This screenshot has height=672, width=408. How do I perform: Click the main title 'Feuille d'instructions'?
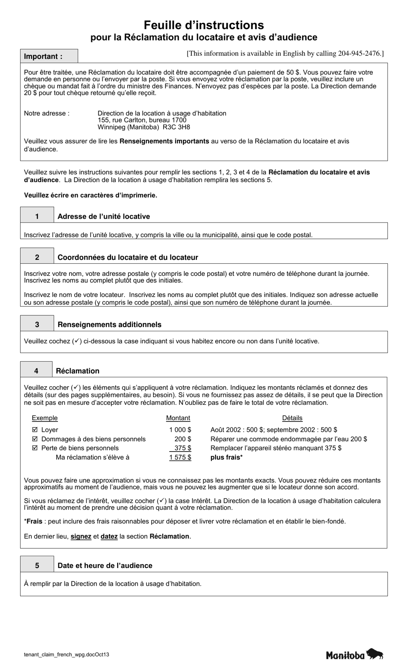(x=204, y=25)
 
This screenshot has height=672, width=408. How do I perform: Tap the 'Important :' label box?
(x=49, y=56)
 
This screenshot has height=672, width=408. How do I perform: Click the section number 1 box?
(x=37, y=216)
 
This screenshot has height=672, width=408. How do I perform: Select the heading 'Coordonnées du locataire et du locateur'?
(x=128, y=257)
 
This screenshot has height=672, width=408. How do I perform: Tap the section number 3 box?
(x=37, y=324)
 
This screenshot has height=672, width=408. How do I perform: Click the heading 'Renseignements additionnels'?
(x=109, y=324)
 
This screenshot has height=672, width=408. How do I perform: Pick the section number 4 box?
(x=37, y=371)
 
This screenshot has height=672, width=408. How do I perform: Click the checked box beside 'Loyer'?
(x=35, y=430)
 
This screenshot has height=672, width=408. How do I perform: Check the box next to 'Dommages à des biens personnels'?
(x=35, y=439)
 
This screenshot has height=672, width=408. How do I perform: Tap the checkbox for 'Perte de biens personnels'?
(x=35, y=448)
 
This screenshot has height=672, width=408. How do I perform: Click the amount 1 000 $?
(x=180, y=430)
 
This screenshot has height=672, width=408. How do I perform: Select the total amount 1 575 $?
(x=180, y=457)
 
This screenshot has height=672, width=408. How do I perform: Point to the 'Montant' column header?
(x=178, y=418)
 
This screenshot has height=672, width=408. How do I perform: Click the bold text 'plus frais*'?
(x=226, y=457)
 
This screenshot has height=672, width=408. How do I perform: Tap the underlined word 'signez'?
(x=81, y=536)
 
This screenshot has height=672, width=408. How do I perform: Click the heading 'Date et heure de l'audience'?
(x=105, y=565)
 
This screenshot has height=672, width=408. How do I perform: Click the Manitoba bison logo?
(x=354, y=654)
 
